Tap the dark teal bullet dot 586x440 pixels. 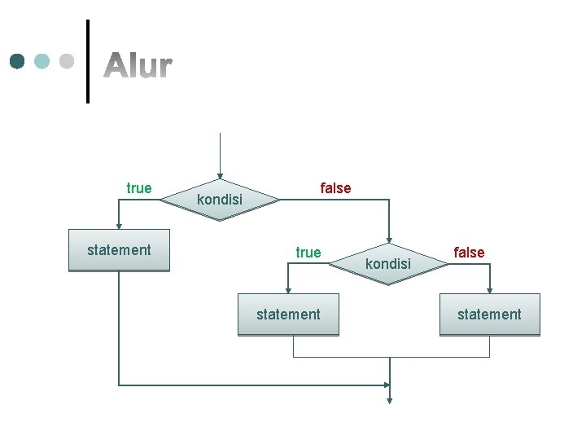click(x=18, y=61)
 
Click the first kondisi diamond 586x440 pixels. click(x=220, y=200)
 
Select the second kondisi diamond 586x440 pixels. click(x=389, y=264)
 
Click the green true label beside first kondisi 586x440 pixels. click(x=139, y=188)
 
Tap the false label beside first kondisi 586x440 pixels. click(x=335, y=188)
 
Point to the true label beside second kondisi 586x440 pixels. click(x=308, y=253)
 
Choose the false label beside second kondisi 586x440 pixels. click(x=469, y=253)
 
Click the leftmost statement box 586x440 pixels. click(x=119, y=250)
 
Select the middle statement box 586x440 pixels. click(x=288, y=315)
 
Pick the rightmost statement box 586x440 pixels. click(x=489, y=315)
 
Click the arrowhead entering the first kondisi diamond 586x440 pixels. click(x=220, y=174)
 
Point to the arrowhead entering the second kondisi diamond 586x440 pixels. click(x=389, y=239)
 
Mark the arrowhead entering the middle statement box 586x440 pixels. click(x=288, y=290)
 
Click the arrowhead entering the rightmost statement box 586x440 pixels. click(x=489, y=290)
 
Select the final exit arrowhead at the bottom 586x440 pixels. click(x=390, y=399)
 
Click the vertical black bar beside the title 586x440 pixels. click(x=87, y=61)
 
